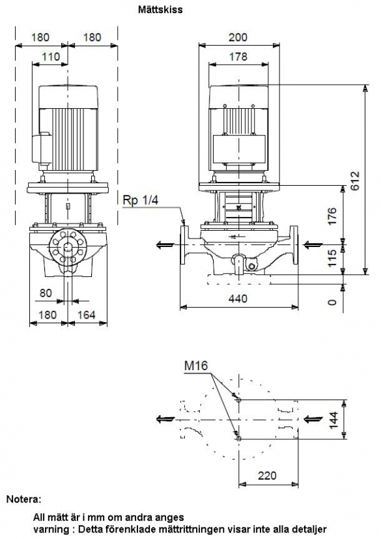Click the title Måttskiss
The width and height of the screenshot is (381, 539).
pos(160,9)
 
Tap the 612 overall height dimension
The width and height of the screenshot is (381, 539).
pos(354,181)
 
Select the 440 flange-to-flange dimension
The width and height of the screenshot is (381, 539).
pos(238,298)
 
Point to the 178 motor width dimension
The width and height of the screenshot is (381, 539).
pos(238,56)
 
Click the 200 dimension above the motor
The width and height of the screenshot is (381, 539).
pos(238,37)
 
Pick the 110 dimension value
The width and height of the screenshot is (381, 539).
pos(51,56)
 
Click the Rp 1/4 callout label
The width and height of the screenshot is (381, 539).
pos(140,200)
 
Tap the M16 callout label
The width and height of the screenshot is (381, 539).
pos(196,366)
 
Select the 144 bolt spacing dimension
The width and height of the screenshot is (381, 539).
pos(333,420)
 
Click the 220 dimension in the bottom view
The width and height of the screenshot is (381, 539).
pos(267,475)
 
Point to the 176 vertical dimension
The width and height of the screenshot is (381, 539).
pos(332,216)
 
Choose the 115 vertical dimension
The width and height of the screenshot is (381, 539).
pos(332,258)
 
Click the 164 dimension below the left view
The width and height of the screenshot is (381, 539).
pos(86,315)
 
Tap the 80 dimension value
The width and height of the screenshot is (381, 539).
pos(46,293)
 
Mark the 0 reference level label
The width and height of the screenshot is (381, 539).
pos(332,302)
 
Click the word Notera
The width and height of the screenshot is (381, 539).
pos(23,499)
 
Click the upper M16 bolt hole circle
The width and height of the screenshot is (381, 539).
pos(239,400)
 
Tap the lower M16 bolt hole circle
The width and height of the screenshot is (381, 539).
pos(239,439)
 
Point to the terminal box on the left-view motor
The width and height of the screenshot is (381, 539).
pos(42,148)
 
